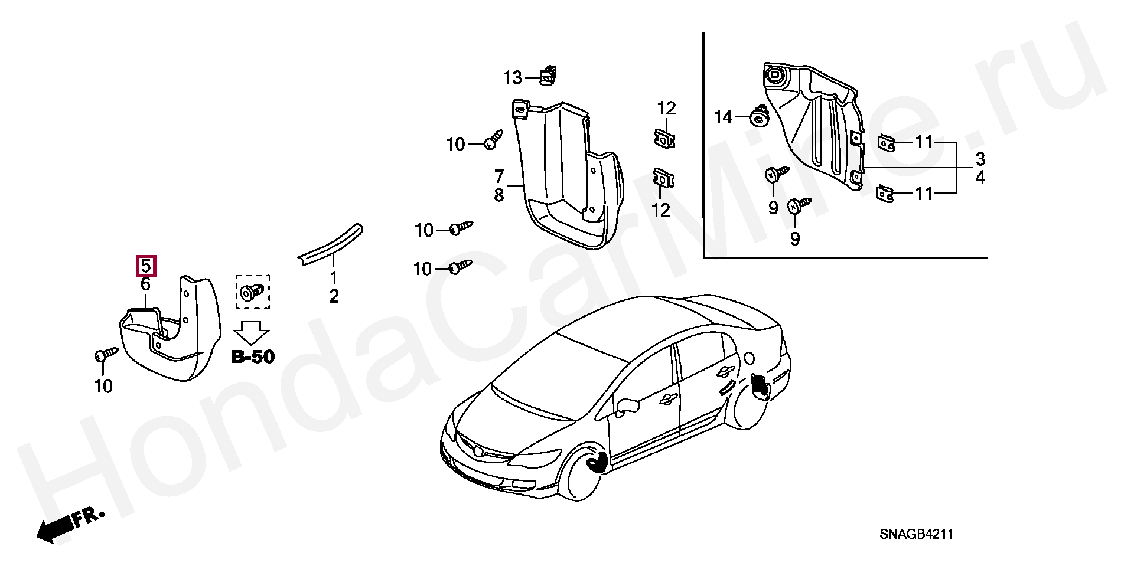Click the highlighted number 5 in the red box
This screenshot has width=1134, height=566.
[146, 266]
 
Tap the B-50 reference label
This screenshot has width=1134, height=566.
[253, 357]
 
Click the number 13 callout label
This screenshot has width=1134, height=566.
[513, 77]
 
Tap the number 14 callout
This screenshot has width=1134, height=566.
[723, 117]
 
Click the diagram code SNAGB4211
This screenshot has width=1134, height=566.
[917, 535]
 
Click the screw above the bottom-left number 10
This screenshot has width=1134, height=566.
[106, 354]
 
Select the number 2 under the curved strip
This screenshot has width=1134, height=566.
[334, 296]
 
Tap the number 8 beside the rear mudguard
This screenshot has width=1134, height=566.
[499, 195]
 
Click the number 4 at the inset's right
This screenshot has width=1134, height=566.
[980, 176]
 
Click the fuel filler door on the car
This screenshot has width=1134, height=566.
[750, 358]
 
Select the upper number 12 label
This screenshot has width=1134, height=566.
[666, 109]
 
